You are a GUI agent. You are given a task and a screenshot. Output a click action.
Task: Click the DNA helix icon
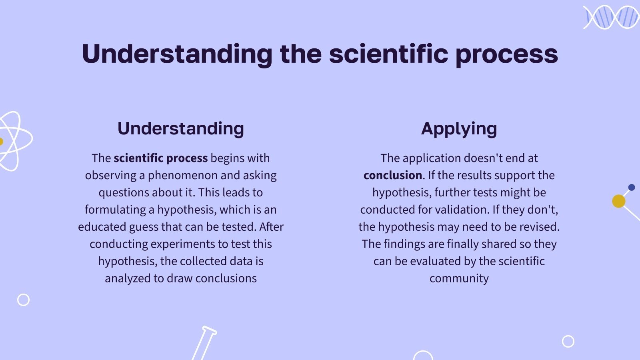(x=612, y=17)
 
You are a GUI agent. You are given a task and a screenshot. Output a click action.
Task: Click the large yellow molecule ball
(x=618, y=201)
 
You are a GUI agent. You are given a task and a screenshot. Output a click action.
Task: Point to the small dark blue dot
(x=632, y=188)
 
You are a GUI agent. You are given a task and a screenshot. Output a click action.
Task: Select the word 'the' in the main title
(x=301, y=54)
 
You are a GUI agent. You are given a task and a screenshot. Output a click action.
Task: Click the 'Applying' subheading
(x=459, y=129)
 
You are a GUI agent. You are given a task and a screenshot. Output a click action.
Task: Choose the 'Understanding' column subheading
(x=181, y=128)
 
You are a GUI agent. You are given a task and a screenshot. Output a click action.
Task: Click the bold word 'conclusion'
(x=392, y=175)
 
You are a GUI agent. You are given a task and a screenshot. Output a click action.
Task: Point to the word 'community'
(x=459, y=278)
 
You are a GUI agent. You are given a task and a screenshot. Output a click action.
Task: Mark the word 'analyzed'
(x=128, y=278)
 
